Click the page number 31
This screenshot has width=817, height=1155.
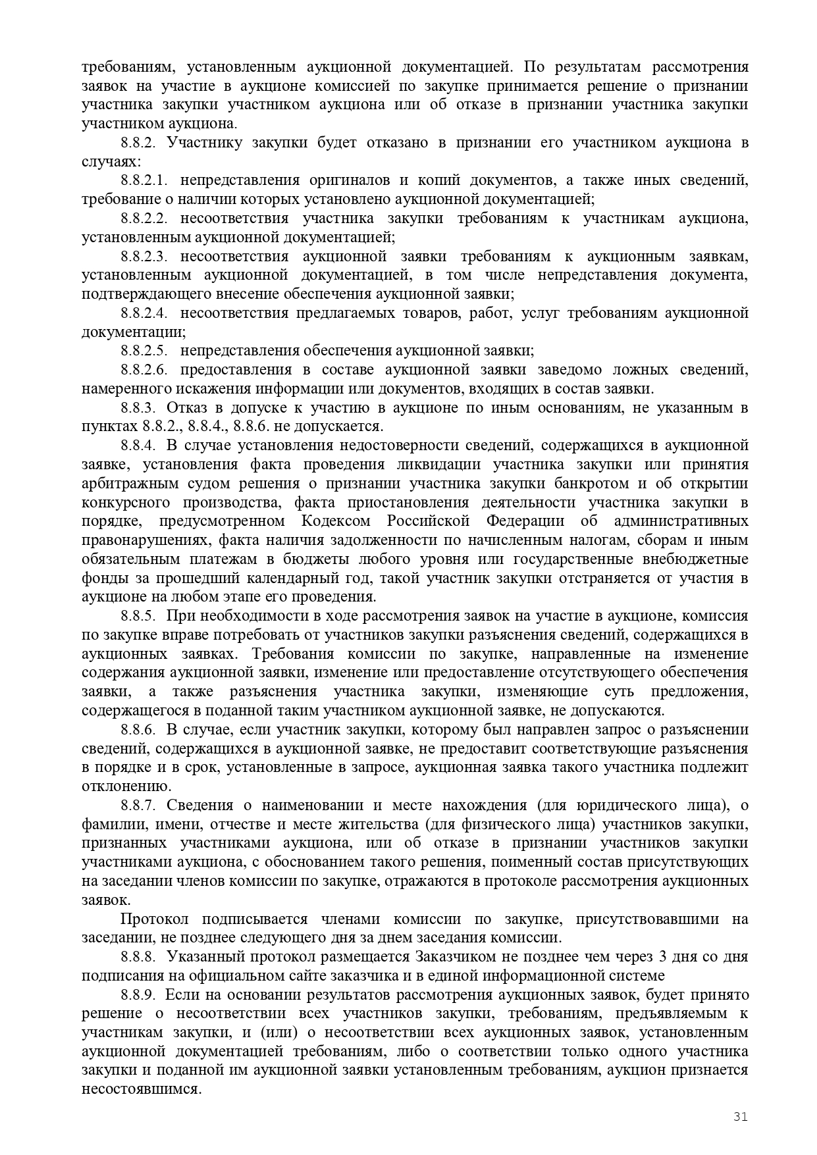point(741,1116)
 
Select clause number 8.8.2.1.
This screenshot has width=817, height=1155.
point(144,180)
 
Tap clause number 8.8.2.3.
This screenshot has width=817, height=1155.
point(144,256)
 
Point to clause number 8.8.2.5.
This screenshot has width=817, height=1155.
point(144,351)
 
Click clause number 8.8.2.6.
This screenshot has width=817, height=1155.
point(144,370)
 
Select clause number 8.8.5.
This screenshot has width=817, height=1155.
point(138,616)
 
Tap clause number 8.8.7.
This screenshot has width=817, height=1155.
point(138,806)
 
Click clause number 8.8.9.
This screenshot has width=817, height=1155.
point(138,995)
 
